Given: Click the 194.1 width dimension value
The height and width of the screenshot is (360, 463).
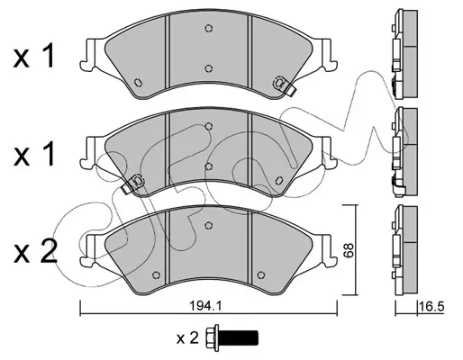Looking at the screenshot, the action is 205,306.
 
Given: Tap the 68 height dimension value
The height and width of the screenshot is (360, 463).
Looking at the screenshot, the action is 349,250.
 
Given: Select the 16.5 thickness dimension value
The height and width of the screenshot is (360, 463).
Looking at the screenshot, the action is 431,307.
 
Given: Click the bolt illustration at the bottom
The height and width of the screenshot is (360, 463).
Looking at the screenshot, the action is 231,337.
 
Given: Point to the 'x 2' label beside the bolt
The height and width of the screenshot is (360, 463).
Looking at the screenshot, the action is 187,338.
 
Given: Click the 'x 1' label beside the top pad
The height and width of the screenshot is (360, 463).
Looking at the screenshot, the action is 33,56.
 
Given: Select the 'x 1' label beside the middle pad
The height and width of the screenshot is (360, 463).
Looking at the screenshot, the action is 33,154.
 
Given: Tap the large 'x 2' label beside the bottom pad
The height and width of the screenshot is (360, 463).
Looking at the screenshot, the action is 35,252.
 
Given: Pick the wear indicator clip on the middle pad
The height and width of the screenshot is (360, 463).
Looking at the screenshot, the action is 133,184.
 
